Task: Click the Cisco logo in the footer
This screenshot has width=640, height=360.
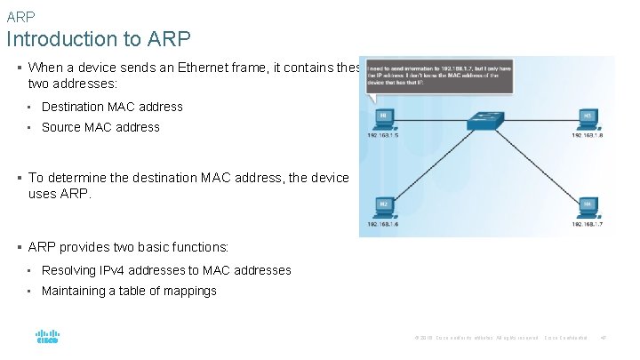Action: pyautogui.click(x=47, y=337)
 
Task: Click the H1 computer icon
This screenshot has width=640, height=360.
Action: pyautogui.click(x=383, y=117)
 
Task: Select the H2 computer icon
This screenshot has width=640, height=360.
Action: pyautogui.click(x=384, y=206)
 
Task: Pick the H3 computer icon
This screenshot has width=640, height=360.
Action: pyautogui.click(x=588, y=117)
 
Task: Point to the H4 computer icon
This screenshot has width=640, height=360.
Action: pyautogui.click(x=588, y=206)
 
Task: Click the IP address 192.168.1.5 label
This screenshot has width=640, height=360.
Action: pyautogui.click(x=384, y=136)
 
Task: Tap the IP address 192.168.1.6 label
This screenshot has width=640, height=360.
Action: pyautogui.click(x=384, y=225)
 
